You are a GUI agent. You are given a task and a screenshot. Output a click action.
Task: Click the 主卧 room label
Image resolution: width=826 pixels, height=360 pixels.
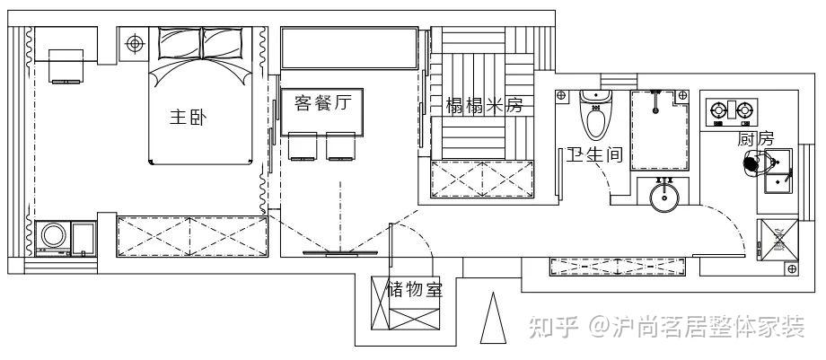tap(188, 118)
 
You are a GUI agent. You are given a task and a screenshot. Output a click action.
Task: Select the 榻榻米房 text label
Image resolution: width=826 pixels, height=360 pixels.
tap(484, 106)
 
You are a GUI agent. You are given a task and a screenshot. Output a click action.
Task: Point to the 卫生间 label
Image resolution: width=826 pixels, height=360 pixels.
tap(593, 154)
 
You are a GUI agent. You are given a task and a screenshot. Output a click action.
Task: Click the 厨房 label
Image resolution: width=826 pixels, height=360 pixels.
tap(755, 139)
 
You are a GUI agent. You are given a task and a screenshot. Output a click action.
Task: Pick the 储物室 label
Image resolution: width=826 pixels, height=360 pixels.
tap(414, 289)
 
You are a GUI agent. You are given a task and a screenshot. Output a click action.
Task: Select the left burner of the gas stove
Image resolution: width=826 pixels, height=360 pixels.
tap(719, 111)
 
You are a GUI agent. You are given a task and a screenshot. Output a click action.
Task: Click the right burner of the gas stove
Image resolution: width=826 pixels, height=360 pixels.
tap(744, 111)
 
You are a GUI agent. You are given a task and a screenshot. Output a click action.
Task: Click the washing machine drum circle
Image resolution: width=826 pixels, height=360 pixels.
tap(52, 237)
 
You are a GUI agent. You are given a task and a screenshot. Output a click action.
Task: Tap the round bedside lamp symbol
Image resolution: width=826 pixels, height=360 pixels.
tap(135, 42)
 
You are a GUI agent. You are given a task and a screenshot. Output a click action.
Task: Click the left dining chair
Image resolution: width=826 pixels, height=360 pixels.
tap(302, 146)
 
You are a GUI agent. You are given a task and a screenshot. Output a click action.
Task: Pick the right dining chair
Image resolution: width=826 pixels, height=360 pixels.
tap(339, 146)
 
